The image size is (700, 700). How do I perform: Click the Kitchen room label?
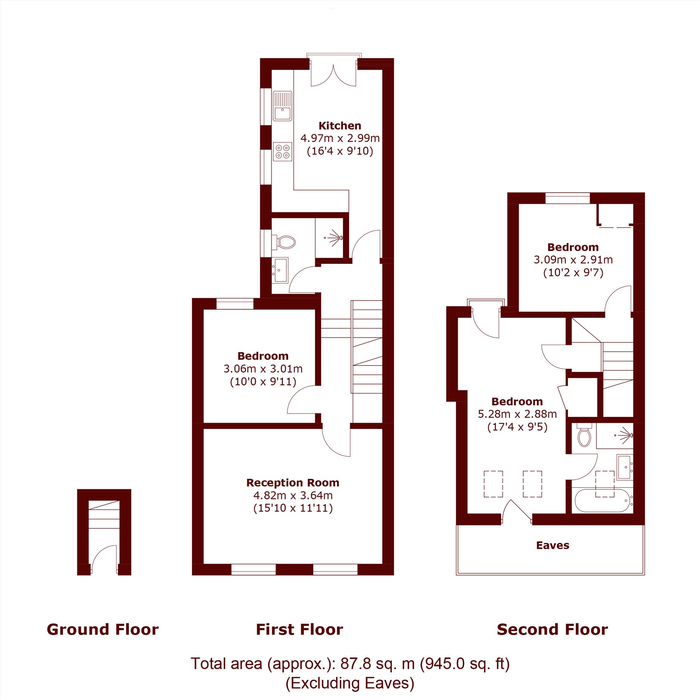pos(339,126)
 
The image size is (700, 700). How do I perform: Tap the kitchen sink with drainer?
pos(282,105)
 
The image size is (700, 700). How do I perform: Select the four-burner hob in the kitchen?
pos(282,151)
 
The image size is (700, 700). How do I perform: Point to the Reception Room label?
pos(293,483)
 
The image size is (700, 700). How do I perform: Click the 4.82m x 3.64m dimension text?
pos(293,495)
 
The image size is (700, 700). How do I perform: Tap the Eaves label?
pos(553,545)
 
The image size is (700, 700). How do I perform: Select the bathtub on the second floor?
pos(602,500)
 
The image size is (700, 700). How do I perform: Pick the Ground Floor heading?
pos(103,630)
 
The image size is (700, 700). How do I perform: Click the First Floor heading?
pos(299,630)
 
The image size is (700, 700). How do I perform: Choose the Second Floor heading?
pos(552,630)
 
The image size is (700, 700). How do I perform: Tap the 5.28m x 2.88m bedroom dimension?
pos(517,414)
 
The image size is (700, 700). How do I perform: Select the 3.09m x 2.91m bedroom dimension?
pos(573,260)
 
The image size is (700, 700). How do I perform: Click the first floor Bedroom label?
pos(263,356)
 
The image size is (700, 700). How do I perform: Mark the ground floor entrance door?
pos(104,559)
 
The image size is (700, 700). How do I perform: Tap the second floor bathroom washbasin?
pos(625,467)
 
